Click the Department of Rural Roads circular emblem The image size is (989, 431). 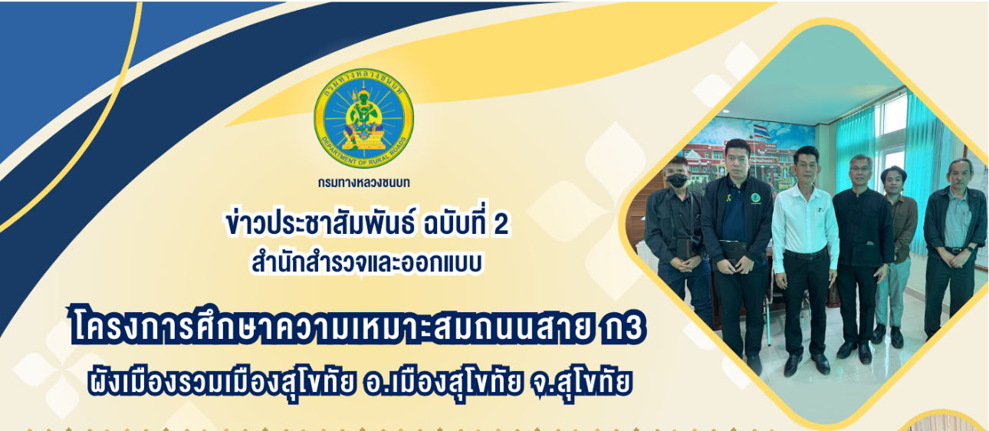(364, 118)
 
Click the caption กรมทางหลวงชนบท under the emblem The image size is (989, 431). (364, 183)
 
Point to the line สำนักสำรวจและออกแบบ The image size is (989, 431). (367, 262)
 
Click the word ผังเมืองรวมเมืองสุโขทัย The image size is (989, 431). (221, 382)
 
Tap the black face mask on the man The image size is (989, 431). (677, 180)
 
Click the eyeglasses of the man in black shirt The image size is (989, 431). (860, 169)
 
